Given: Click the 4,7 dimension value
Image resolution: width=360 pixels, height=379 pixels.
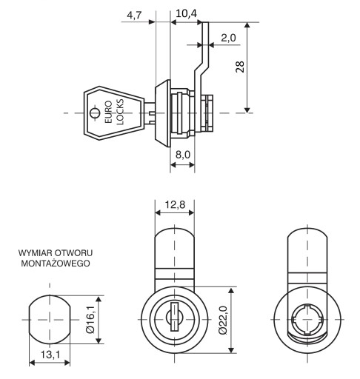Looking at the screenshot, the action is point(134,16).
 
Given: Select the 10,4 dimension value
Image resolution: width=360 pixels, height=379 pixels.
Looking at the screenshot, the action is point(186,13).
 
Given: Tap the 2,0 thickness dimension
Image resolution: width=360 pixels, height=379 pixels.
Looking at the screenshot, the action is point(228,38).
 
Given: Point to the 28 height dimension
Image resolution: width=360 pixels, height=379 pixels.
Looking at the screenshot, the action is point(240,67).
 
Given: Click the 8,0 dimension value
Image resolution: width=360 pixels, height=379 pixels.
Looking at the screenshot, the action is point(183,155).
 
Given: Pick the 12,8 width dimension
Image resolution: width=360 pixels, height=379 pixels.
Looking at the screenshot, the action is point(175,204).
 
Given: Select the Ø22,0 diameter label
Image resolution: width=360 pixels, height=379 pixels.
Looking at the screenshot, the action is point(223,320).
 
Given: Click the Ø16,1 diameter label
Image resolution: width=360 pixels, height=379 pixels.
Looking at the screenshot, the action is point(90,320).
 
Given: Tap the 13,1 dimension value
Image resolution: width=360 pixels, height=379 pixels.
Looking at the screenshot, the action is point(50,355).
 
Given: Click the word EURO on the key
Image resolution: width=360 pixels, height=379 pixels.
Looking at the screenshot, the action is point(108,112).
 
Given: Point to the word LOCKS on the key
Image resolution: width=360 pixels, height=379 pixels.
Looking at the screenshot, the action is point(120,112).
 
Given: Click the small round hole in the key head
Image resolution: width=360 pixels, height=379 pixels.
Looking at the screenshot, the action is point(95,113).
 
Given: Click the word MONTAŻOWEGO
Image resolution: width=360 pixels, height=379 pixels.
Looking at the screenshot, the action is point(56,263).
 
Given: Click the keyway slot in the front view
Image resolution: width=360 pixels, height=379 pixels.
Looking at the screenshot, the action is point(174,317).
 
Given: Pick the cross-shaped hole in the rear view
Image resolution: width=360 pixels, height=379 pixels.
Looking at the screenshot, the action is point(307,319).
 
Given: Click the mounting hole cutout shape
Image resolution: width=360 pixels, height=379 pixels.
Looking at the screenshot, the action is point(50,319).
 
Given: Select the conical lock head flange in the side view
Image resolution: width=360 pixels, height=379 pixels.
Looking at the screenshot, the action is point(163,113).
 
